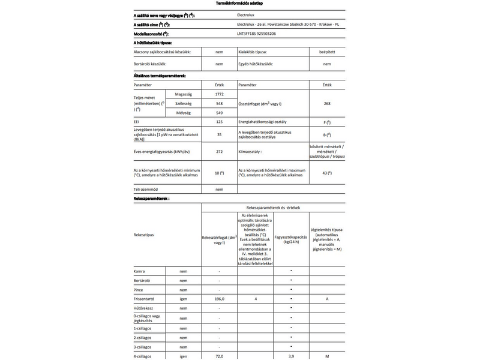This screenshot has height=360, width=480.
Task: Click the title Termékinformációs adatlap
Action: [239, 4]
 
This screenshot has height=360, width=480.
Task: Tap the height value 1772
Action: [219, 95]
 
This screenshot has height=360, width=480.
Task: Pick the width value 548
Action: [219, 104]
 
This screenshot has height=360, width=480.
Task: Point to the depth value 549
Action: [219, 112]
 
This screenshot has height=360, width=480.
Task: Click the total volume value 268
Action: [327, 104]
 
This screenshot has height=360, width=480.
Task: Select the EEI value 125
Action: [219, 122]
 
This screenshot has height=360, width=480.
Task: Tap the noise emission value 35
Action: [219, 134]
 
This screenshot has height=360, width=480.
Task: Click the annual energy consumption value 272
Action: [219, 151]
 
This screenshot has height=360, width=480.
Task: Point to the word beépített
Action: [327, 53]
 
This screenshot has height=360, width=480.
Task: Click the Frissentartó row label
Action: [145, 298]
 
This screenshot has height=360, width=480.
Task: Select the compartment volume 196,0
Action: [220, 298]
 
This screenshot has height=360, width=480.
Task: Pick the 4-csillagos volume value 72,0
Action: [220, 356]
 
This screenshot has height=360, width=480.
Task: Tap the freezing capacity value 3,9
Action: [291, 356]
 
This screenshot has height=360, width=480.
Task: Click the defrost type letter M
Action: [327, 356]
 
